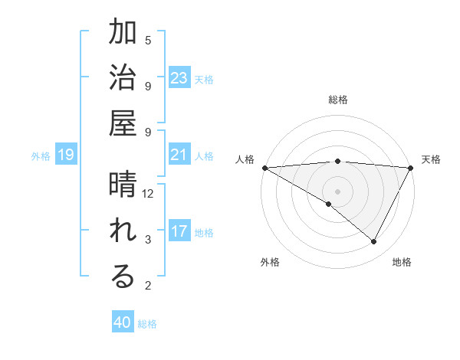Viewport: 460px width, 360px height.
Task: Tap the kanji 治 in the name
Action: click(123, 79)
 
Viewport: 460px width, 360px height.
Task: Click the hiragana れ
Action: click(123, 232)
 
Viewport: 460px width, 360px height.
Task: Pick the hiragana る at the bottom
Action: click(123, 278)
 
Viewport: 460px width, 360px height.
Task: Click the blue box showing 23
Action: click(179, 78)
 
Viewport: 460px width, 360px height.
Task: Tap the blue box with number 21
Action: click(179, 155)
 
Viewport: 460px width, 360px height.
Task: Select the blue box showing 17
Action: click(179, 231)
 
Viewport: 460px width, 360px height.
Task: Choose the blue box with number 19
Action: click(66, 155)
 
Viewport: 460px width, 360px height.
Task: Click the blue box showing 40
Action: click(123, 322)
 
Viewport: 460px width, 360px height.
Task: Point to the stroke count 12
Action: click(148, 194)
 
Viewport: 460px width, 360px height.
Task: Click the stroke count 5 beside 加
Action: click(148, 40)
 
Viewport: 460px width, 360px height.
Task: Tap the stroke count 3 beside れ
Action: click(148, 240)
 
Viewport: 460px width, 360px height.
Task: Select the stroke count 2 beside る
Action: click(148, 286)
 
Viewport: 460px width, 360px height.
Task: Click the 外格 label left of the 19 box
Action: click(41, 156)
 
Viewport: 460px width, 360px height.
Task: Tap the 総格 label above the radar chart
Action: click(337, 100)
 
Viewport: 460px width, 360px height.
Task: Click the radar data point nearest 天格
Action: click(412, 168)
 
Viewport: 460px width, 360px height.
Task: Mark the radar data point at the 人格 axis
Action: click(264, 167)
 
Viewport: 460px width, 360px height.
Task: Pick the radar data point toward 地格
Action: click(374, 242)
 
